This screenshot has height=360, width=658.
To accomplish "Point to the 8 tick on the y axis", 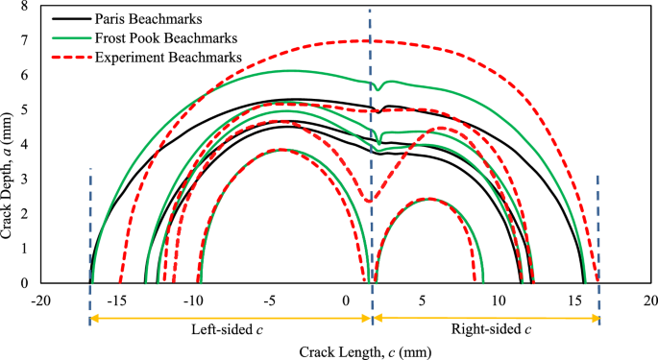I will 26,7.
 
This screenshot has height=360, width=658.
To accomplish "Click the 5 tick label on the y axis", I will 26,110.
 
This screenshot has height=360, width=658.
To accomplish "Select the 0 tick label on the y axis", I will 26,283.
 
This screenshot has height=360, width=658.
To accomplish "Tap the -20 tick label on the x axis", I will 40,300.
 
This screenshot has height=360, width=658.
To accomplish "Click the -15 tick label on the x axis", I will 117,300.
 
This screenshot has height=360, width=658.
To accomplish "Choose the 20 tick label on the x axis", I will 651,300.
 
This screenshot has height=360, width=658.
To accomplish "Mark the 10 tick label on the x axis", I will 499,300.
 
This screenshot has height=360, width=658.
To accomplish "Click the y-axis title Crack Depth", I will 9,144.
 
